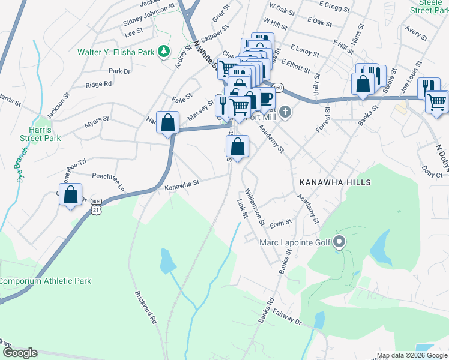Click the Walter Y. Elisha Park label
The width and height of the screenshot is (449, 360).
[x=115, y=52]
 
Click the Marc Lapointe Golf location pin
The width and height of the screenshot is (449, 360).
[x=339, y=243]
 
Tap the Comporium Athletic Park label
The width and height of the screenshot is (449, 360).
[x=46, y=281]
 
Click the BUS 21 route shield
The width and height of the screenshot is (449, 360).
[x=97, y=208]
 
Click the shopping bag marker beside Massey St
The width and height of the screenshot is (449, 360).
[x=169, y=122]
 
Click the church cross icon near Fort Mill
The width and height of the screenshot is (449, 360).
[x=286, y=112]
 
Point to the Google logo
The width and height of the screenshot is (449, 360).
[x=20, y=353]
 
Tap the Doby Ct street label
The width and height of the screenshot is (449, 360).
[x=432, y=172]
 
